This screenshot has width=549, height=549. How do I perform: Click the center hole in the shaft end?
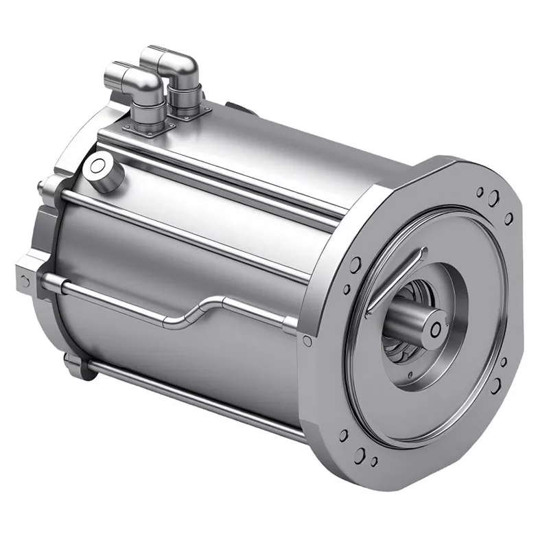[x=435, y=330]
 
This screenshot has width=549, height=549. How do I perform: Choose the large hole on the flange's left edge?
[x=355, y=264]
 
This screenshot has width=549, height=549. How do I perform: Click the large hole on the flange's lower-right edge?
[x=494, y=387]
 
